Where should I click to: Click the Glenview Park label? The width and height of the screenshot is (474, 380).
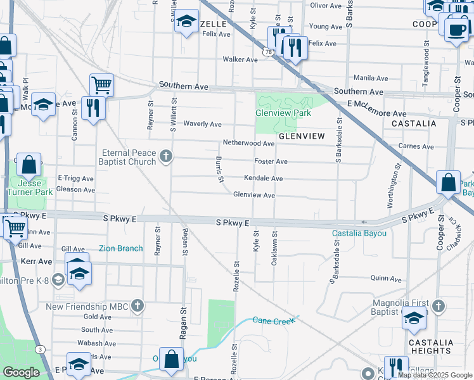(283, 113)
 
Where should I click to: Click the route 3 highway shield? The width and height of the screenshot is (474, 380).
(41, 349)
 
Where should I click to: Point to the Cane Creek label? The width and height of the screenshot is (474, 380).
(274, 320)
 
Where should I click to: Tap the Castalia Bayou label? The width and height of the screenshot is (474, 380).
(359, 234)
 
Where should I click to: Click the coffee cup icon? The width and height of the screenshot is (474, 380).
(456, 29)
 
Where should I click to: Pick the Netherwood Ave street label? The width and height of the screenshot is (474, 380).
(248, 144)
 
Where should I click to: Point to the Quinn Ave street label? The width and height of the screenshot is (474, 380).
(386, 279)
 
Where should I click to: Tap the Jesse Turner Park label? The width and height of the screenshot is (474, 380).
(29, 187)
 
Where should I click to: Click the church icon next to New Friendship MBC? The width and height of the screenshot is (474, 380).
(136, 307)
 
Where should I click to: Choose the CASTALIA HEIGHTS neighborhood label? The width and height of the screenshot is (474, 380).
(432, 346)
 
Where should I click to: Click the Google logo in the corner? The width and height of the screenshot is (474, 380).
(21, 372)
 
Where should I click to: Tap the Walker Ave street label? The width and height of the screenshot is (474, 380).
(240, 60)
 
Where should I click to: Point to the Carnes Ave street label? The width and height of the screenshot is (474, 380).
(416, 147)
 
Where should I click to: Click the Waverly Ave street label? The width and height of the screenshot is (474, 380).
(202, 124)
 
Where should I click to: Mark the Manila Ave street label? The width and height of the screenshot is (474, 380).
(371, 78)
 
